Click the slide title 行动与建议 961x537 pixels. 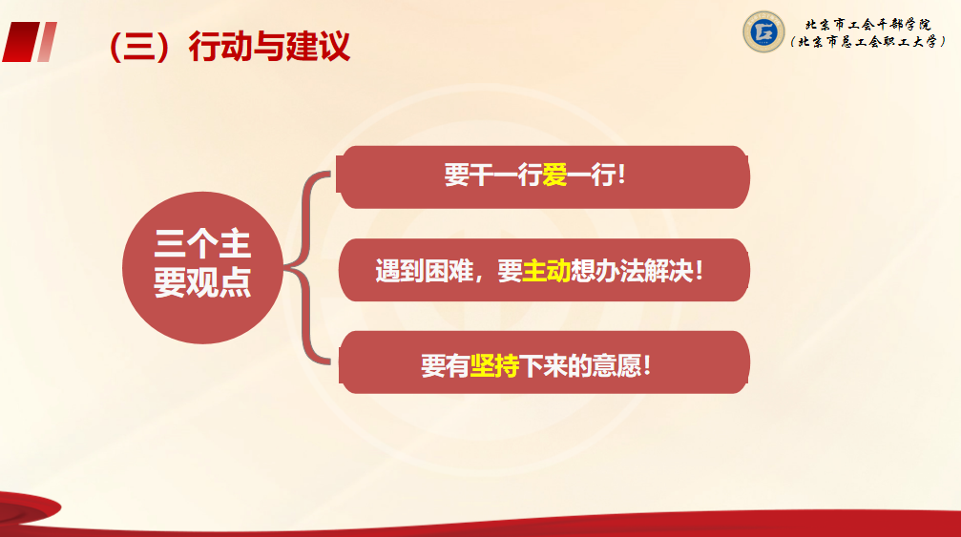pos(269,46)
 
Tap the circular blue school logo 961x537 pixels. pos(763,31)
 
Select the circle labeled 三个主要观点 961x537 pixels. pos(203,268)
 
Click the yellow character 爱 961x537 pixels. pos(554,176)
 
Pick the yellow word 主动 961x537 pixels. pos(546,271)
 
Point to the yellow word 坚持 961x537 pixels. pos(494,365)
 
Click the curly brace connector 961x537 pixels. pos(307,268)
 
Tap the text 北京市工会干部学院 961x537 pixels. pos(867,25)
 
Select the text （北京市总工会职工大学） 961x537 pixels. pos(867,42)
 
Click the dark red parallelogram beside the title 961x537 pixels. pos(21,42)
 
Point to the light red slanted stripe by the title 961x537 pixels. pos(47,42)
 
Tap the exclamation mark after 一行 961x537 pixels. pos(622,176)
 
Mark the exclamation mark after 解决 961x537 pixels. pos(700,271)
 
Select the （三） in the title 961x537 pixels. pos(138,47)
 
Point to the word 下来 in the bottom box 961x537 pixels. pos(543,365)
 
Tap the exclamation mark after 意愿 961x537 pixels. pos(647,365)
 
